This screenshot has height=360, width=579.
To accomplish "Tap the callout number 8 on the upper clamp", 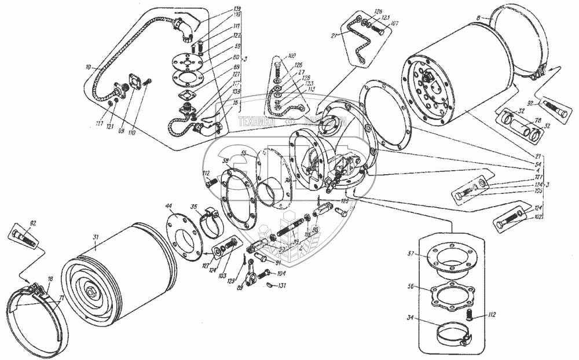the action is [478, 18].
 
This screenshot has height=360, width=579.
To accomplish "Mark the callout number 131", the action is [282, 286].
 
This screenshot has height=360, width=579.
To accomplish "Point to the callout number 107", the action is [394, 24].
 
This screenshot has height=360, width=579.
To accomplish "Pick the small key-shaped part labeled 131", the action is [269, 285].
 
